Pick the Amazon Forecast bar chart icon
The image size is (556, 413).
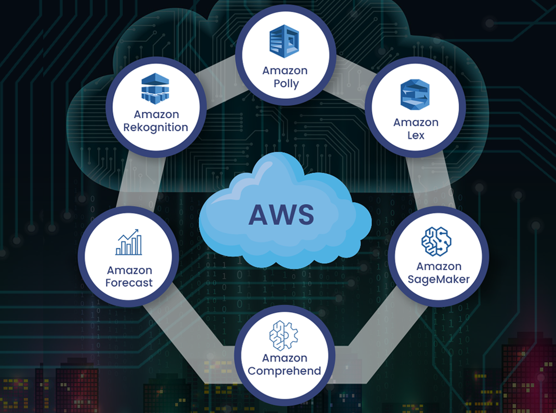click(128, 243)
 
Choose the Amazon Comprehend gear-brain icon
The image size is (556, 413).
click(284, 333)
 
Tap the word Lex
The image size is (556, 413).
click(415, 135)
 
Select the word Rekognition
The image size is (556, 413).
click(156, 127)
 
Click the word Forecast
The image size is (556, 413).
click(129, 283)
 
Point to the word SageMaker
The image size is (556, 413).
click(439, 280)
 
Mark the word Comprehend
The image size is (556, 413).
click(285, 371)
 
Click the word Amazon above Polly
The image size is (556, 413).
click(285, 70)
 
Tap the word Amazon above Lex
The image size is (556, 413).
click(415, 123)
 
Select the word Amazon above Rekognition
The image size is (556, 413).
click(156, 114)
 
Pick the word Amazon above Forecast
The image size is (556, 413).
click(129, 270)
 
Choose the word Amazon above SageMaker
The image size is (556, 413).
click(439, 266)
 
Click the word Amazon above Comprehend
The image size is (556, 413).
click(285, 358)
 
